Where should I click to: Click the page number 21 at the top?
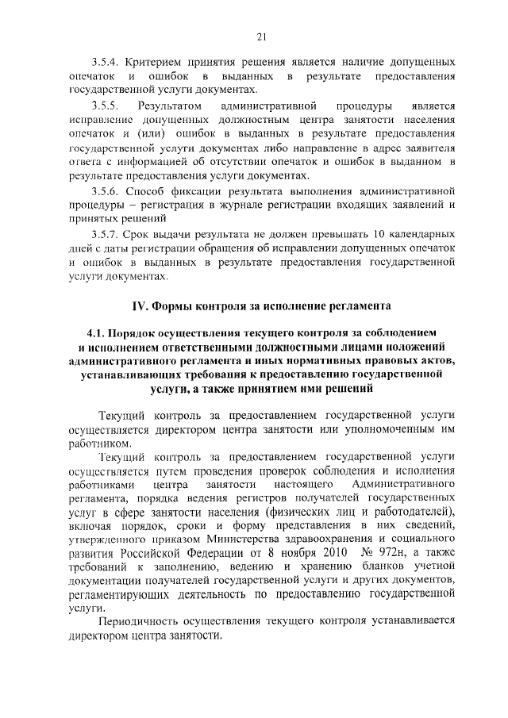click(x=261, y=35)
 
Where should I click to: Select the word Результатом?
click(x=171, y=105)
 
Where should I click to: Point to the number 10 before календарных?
click(x=380, y=234)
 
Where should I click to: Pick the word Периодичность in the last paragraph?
click(x=140, y=623)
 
